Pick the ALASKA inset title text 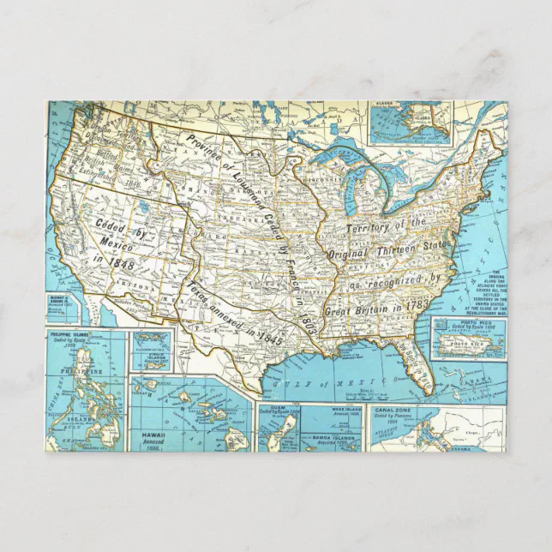point(387,110)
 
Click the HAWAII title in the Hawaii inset point(151,435)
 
